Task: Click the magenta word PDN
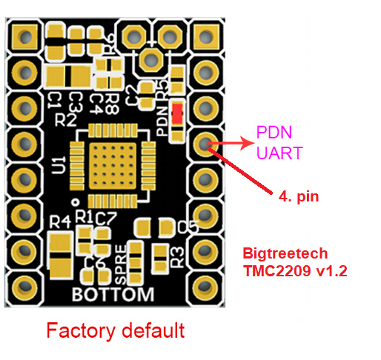(x=274, y=133)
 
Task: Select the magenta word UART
(x=279, y=153)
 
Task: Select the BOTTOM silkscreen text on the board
(x=113, y=294)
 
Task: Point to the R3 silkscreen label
(x=177, y=256)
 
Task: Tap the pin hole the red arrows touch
(x=205, y=143)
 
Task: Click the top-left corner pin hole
(x=25, y=36)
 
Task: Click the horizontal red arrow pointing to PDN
(x=230, y=141)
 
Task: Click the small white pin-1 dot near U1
(x=75, y=201)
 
